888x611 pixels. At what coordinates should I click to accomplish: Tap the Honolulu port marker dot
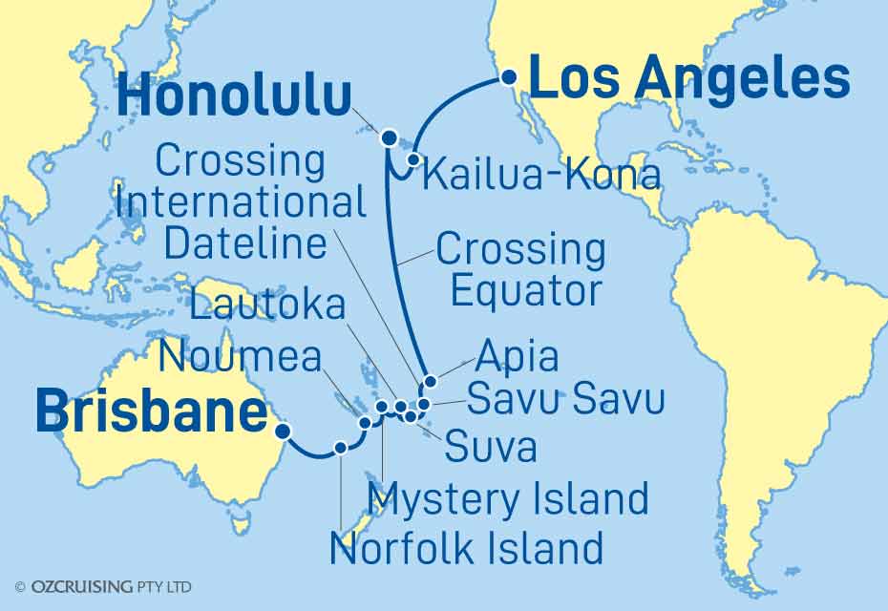(390, 138)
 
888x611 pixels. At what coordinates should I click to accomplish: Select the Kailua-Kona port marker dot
(413, 159)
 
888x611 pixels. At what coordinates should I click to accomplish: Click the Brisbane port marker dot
(282, 431)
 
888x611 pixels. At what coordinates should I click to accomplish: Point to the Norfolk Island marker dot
(340, 447)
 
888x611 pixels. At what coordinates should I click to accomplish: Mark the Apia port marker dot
(430, 382)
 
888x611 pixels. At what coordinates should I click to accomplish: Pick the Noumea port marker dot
(364, 422)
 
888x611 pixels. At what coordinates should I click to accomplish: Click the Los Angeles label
(688, 78)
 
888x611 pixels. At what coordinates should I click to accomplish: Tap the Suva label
(489, 444)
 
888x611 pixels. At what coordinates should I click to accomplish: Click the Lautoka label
(267, 306)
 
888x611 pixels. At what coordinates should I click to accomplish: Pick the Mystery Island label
(509, 498)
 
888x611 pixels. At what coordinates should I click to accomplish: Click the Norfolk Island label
(466, 548)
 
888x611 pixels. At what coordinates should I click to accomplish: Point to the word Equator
(525, 290)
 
